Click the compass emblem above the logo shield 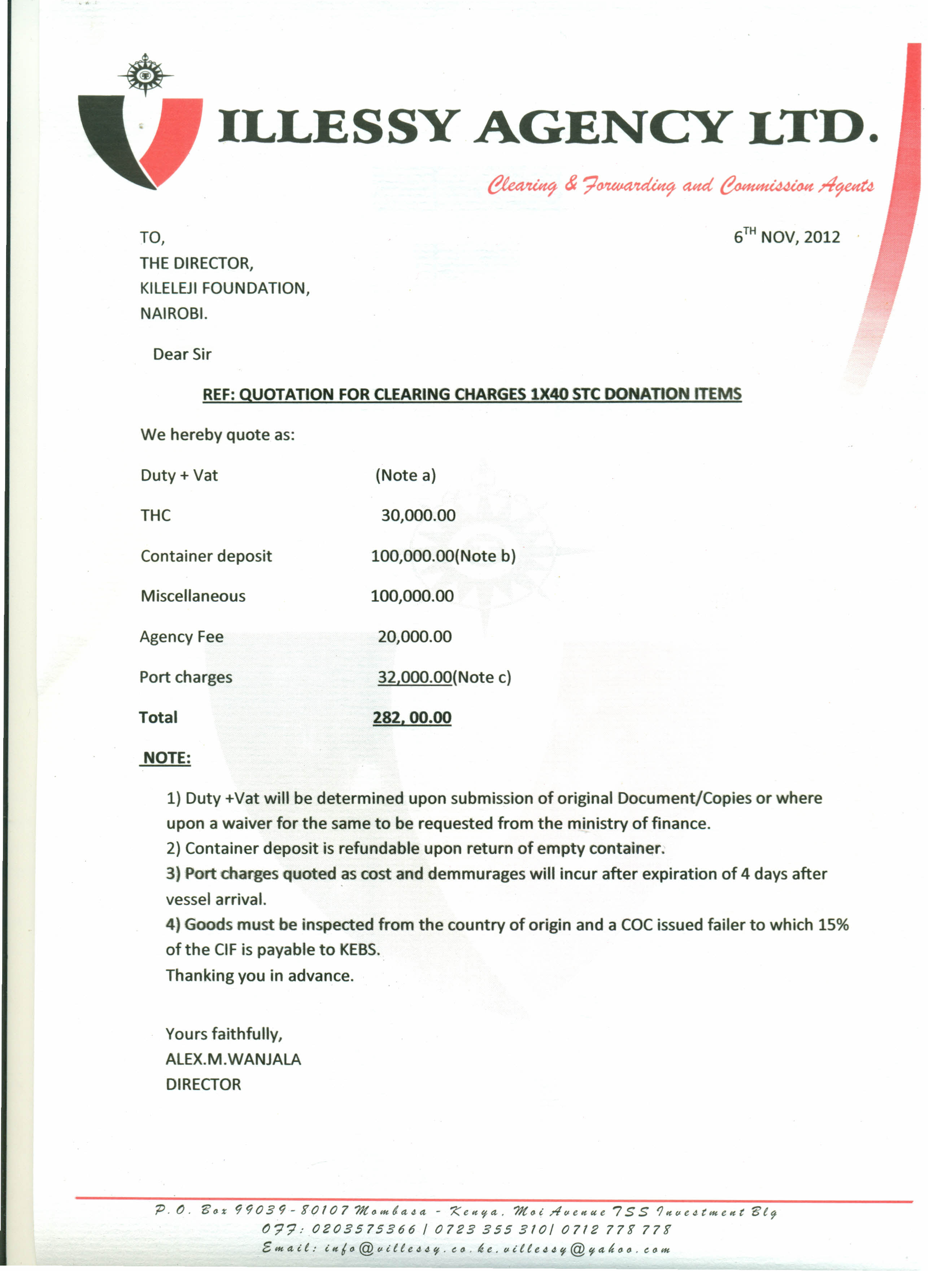click(145, 75)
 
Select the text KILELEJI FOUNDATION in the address click(223, 288)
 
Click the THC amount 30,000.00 click(418, 515)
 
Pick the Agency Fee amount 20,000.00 click(415, 637)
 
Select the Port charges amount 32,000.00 click(415, 677)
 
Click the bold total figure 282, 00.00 click(412, 718)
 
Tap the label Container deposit click(206, 556)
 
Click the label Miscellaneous click(193, 596)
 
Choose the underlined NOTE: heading click(166, 758)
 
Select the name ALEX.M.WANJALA click(233, 1059)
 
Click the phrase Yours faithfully click(223, 1034)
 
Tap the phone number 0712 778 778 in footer click(616, 1229)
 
